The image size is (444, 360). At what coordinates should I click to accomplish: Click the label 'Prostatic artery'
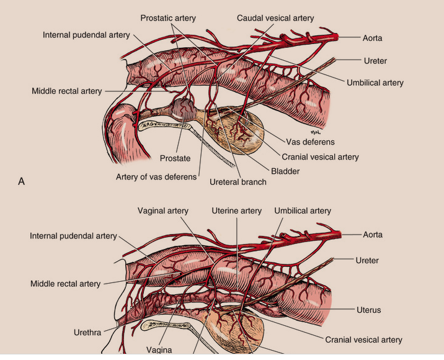pos(167,19)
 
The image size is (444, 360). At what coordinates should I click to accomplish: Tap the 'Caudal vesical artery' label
pos(275,19)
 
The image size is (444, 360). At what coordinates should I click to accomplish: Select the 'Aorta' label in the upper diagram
pos(372,38)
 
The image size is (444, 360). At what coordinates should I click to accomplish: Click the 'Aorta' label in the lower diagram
pos(372,235)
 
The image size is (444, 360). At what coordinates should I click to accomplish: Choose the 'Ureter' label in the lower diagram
pos(368,260)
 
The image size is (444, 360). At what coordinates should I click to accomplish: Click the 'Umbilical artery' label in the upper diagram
pos(375,83)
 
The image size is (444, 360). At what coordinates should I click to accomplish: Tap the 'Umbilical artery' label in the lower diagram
pos(303,211)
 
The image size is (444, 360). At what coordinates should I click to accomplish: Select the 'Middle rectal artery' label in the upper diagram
pos(66,91)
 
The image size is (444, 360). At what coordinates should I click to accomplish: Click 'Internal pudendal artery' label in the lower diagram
pos(73,236)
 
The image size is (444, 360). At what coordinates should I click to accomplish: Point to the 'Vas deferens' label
pos(310,142)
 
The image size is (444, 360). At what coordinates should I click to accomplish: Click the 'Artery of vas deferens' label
pos(156,177)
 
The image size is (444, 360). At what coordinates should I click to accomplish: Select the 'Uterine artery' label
pos(236,211)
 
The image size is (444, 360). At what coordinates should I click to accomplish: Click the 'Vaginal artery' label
pos(162,211)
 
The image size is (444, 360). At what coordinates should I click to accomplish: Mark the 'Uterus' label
pos(368,310)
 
